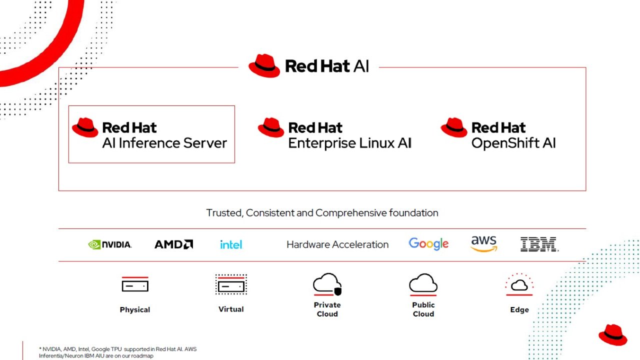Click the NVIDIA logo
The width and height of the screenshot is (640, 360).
point(110,244)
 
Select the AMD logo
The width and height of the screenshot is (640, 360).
point(173,244)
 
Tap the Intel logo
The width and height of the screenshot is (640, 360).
point(231,244)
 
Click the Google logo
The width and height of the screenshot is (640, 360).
point(428,244)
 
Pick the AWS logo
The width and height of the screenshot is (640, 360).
point(484,243)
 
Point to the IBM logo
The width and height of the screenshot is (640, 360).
point(539,244)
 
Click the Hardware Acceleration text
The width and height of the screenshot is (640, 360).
point(337,244)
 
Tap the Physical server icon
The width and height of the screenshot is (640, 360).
point(135,285)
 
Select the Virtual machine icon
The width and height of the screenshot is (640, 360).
point(231,285)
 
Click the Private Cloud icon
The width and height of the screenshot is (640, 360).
point(327,284)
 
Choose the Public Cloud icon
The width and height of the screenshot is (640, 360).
point(423,284)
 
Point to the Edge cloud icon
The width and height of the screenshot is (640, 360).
point(519,285)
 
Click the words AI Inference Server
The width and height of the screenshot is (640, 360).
point(164,143)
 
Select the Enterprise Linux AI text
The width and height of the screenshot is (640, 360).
point(349,143)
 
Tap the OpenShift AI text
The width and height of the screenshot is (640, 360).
point(513,143)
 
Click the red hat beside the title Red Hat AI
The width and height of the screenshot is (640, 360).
point(264,65)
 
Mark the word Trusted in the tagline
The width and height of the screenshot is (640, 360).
point(224,213)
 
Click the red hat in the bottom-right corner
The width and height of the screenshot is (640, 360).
point(612,334)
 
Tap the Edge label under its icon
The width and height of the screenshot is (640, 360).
point(519,310)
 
